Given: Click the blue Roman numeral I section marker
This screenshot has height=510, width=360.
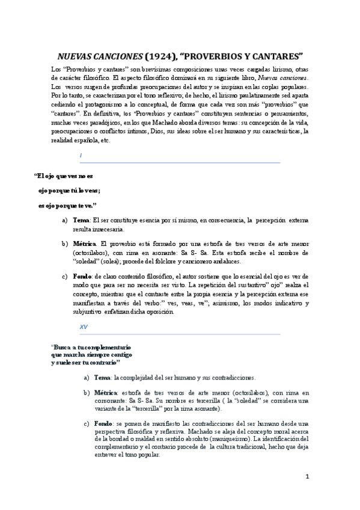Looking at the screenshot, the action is click(x=81, y=156).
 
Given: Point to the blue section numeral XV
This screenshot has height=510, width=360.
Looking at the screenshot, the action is click(x=83, y=327).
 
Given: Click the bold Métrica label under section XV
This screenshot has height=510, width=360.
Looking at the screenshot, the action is click(x=105, y=392).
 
